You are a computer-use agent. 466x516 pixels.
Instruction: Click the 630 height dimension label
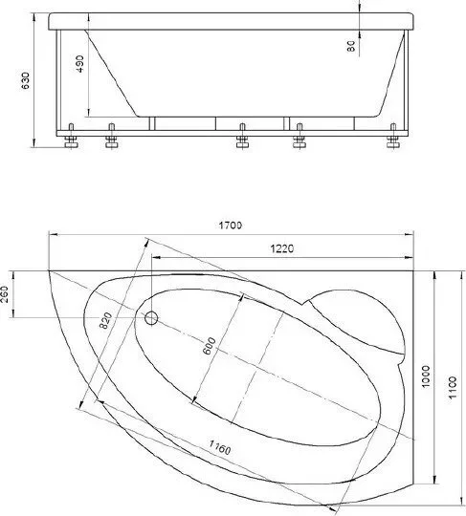click(26, 80)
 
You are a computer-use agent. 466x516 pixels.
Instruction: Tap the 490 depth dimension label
click(79, 63)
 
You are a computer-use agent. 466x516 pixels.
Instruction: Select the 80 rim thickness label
click(351, 46)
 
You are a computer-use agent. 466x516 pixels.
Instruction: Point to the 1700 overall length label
click(231, 226)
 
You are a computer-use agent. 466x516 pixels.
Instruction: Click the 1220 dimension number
click(281, 248)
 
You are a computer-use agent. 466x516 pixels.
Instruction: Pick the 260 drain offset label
click(4, 295)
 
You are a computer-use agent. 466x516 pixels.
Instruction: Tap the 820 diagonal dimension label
click(106, 320)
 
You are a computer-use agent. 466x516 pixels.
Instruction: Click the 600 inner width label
click(209, 346)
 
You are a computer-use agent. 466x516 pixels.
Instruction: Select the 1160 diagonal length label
click(220, 448)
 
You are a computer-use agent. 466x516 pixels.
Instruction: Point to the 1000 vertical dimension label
click(426, 376)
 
